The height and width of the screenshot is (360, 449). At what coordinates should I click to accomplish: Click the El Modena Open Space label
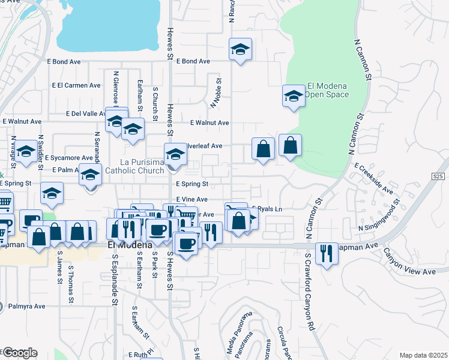coord(327,89)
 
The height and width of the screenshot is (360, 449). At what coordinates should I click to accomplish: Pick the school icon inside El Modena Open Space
coord(294,95)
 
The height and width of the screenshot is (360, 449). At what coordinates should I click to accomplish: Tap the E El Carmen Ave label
coord(76,85)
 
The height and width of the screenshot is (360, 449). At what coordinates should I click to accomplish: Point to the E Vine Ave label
coord(191,199)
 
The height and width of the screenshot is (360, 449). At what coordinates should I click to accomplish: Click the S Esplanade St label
coord(113,278)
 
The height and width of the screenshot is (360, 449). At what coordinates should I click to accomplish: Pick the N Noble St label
coord(215,92)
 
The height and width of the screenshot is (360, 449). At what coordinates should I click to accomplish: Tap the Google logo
coord(19,352)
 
